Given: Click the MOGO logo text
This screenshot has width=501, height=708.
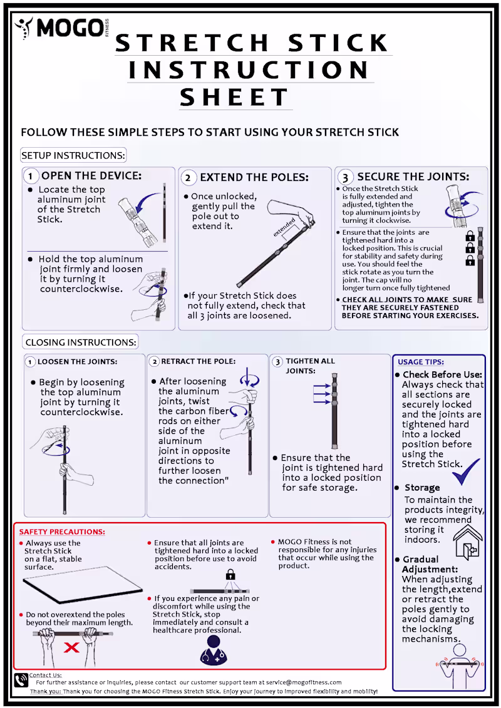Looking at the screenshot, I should [69, 28].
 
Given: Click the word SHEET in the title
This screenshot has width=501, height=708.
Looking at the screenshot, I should [235, 98].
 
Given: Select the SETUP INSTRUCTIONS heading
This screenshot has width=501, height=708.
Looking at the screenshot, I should [73, 155].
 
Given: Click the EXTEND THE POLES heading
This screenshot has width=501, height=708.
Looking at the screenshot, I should [254, 178].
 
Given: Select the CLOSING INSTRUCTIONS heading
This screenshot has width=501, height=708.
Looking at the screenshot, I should [80, 342].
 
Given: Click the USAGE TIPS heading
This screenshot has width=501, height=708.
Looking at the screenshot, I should [421, 362].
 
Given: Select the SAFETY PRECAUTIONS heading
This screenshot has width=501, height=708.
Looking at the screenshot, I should [62, 532].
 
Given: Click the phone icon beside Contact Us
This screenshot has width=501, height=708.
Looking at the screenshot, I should [21, 680].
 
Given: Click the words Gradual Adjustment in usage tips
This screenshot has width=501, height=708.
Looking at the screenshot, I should [421, 564].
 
